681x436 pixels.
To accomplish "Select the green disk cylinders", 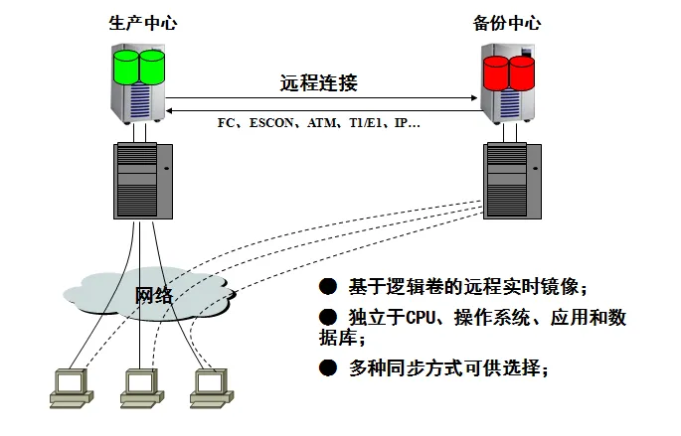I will coord(138,68).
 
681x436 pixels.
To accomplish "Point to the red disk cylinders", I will coord(508,72).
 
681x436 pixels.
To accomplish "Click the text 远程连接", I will coord(318,83).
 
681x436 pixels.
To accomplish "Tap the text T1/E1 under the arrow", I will coord(367,124).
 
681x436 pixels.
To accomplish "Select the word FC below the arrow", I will coord(228,124).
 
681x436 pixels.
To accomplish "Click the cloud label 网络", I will coord(153,295).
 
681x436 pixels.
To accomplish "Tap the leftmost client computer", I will coord(69,387).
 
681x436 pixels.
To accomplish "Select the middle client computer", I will coord(139,387).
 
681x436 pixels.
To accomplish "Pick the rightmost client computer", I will coord(208,387).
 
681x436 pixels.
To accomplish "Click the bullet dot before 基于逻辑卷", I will coord(326,287).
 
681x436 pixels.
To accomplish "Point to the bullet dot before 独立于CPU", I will coord(326,318).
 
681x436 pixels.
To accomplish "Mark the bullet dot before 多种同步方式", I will coord(326,368).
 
